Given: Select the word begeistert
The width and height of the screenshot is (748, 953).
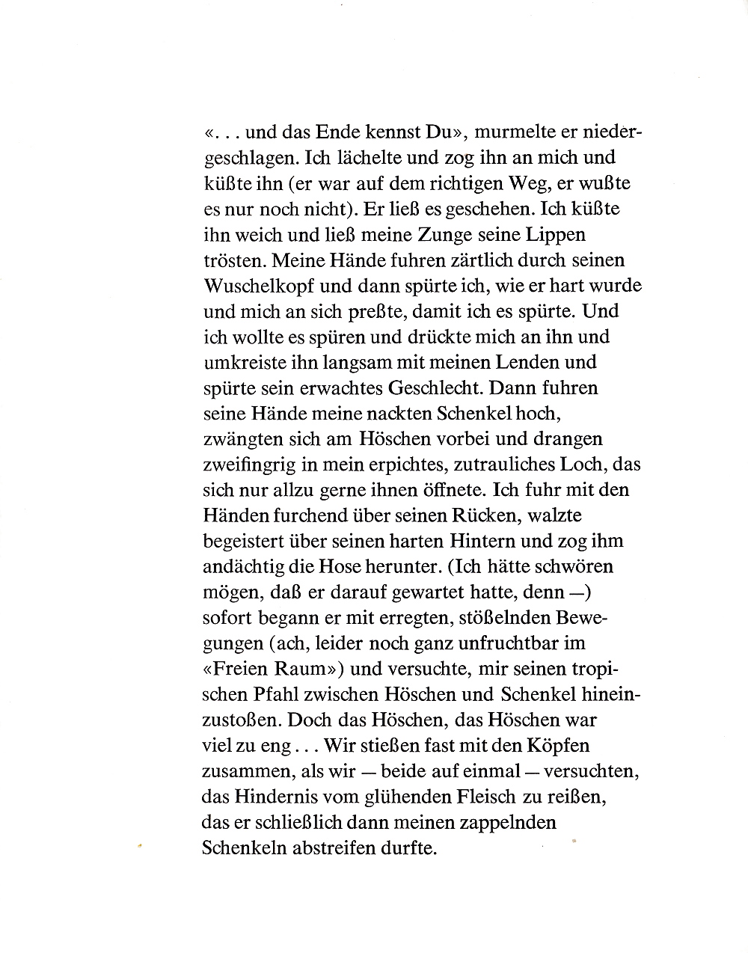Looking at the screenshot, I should pos(251,540).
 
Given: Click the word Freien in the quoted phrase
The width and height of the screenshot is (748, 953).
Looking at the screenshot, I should pos(243,668).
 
